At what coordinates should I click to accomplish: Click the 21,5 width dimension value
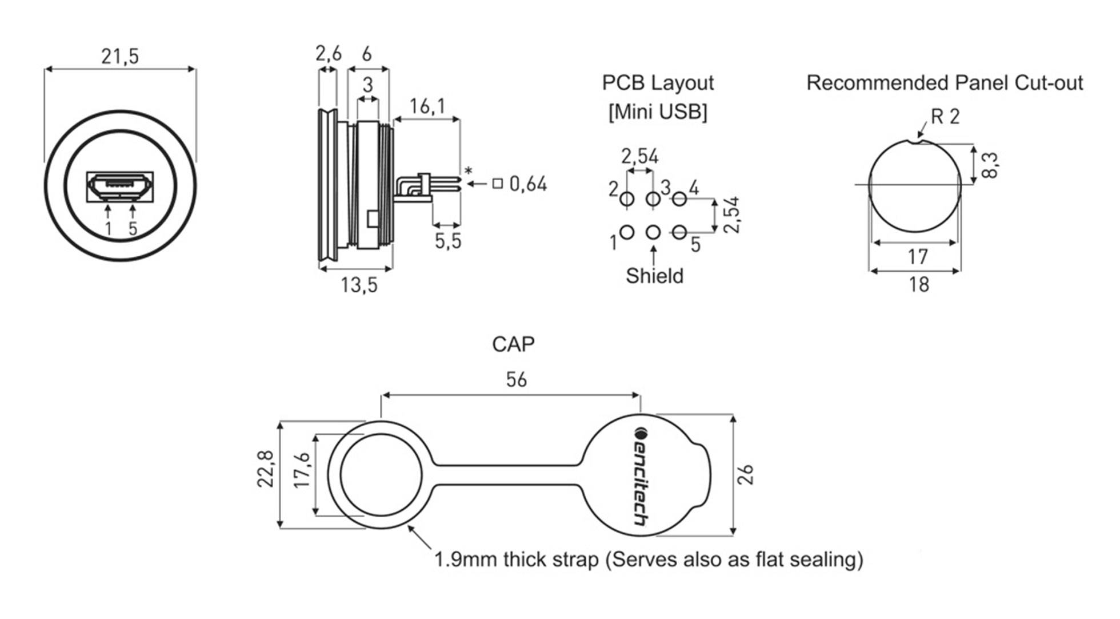(120, 57)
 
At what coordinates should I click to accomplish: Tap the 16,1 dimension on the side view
(427, 106)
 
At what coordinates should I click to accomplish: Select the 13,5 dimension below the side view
(359, 285)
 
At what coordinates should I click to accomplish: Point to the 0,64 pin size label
(527, 184)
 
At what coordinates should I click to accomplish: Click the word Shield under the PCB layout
(654, 276)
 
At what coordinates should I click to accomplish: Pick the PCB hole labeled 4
(679, 199)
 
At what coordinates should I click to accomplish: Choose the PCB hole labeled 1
(627, 232)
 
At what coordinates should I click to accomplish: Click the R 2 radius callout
(945, 117)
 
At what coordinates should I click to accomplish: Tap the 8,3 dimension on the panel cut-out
(989, 165)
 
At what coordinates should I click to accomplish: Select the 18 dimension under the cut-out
(919, 285)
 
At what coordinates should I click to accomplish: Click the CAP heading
(513, 344)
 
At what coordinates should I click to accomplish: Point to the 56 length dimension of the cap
(516, 380)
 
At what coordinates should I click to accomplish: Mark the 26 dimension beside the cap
(746, 475)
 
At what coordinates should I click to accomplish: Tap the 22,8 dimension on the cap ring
(265, 469)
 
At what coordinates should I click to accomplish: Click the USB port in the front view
(120, 185)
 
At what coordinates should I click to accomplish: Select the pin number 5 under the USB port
(133, 229)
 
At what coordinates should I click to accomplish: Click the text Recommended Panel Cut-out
(945, 84)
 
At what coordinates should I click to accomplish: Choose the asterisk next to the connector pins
(469, 171)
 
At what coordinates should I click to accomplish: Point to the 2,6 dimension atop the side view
(328, 54)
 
